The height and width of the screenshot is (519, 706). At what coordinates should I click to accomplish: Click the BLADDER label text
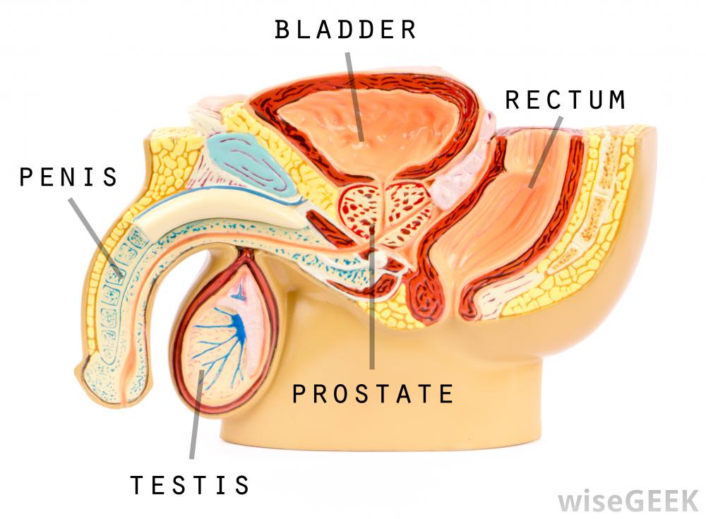[346, 30]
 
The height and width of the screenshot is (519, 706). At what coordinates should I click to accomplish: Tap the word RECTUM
[565, 100]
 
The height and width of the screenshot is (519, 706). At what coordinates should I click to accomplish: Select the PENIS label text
[68, 177]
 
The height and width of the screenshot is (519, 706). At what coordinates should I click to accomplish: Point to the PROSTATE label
[373, 393]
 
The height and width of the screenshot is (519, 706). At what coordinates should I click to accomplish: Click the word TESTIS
[190, 485]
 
